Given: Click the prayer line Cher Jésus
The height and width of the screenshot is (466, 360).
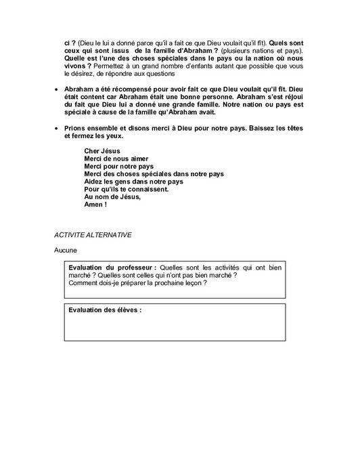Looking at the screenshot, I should (x=101, y=150).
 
